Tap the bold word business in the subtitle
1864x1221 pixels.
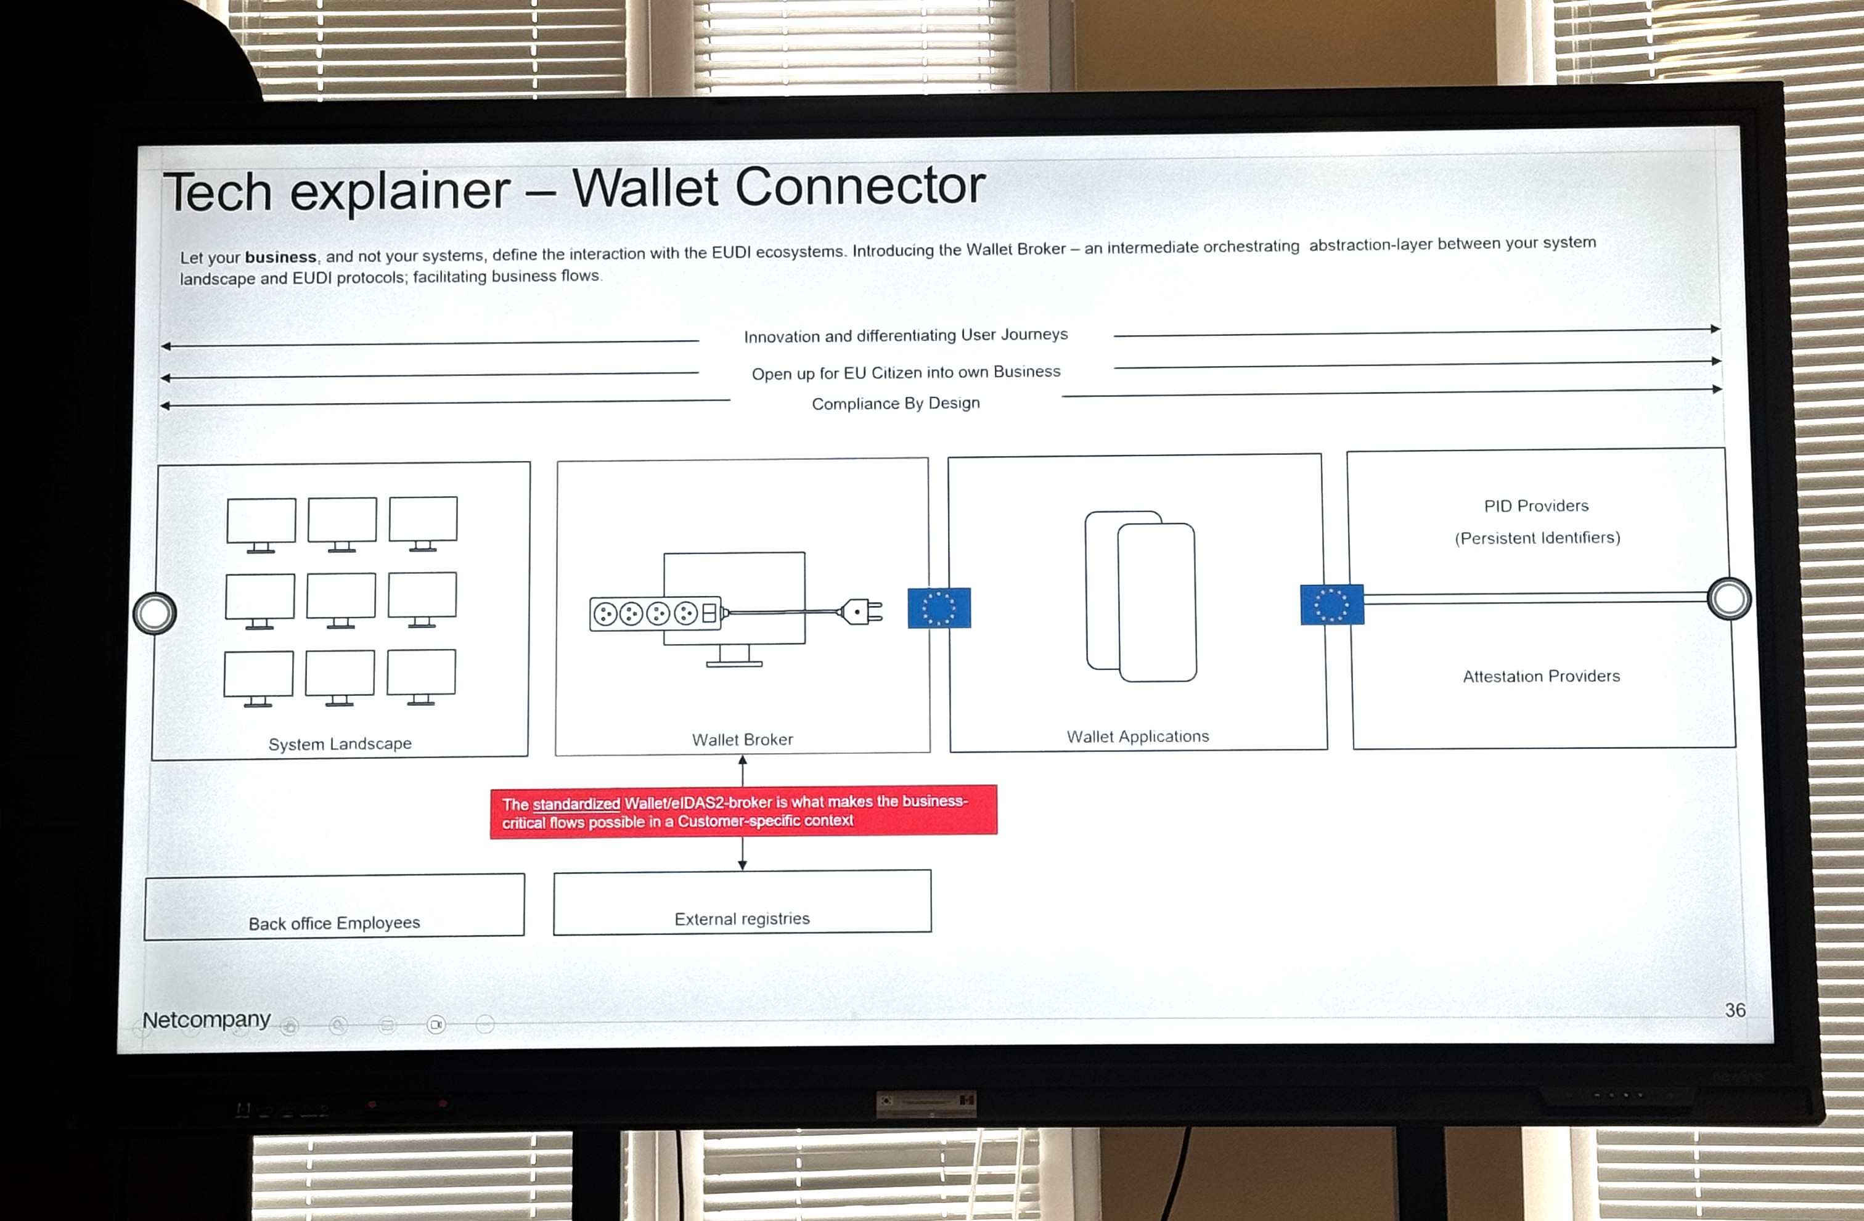pyautogui.click(x=280, y=257)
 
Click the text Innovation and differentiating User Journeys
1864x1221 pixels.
pyautogui.click(x=906, y=335)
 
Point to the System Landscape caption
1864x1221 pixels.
pyautogui.click(x=340, y=744)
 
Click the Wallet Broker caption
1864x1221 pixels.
pyautogui.click(x=743, y=740)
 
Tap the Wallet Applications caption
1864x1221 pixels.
pyautogui.click(x=1138, y=736)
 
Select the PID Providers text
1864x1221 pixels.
pyautogui.click(x=1537, y=506)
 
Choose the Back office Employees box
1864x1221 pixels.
pyautogui.click(x=335, y=906)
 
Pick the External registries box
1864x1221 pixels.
pyautogui.click(x=743, y=902)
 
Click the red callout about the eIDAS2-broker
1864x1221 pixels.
pyautogui.click(x=743, y=811)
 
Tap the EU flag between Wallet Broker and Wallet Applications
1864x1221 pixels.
pyautogui.click(x=939, y=608)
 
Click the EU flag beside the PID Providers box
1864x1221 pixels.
pyautogui.click(x=1331, y=605)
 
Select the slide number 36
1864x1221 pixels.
pyautogui.click(x=1735, y=1010)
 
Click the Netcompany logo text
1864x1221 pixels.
pyautogui.click(x=206, y=1019)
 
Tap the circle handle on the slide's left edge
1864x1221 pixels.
pyautogui.click(x=154, y=613)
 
